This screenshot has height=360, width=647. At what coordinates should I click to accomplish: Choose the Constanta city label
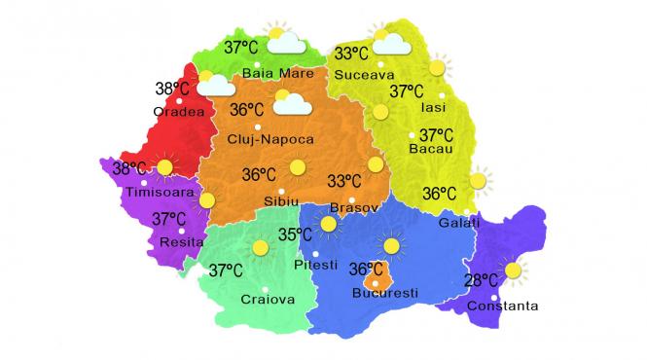(502, 306)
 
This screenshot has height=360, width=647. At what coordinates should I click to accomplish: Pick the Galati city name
(460, 223)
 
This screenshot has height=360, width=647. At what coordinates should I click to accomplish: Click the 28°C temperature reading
(482, 282)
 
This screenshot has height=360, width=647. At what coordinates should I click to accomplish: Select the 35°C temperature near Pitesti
(295, 234)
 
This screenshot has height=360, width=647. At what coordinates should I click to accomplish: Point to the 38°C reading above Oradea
(173, 89)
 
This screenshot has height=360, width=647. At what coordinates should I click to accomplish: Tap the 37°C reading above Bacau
(437, 135)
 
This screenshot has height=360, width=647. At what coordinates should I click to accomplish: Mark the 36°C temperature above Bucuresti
(366, 268)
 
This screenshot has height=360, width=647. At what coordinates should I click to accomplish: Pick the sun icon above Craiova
(259, 248)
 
